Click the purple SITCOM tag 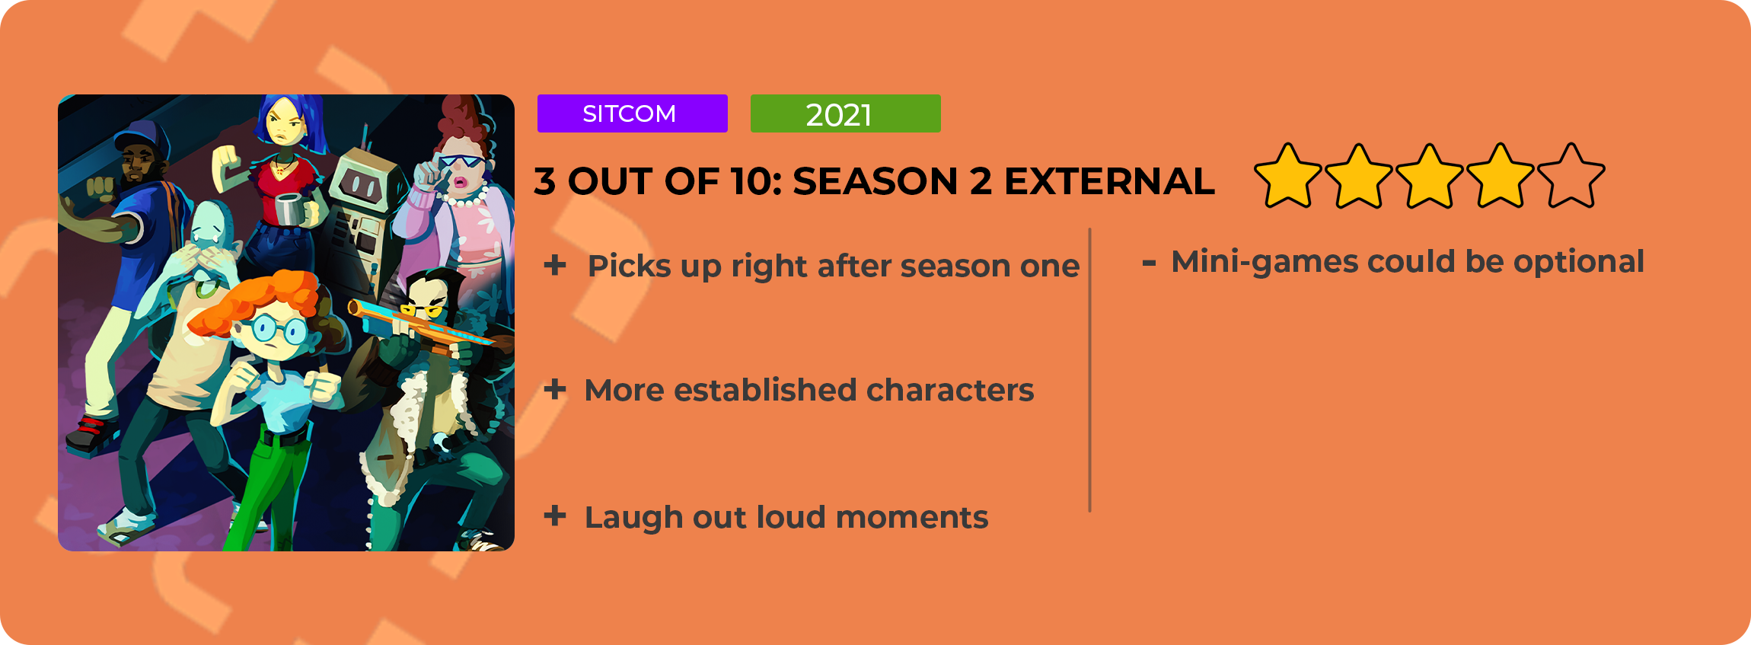coord(632,113)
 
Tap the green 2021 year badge coord(845,113)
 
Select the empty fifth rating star coord(1571,177)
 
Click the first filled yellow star coord(1287,177)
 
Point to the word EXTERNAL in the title coord(1109,181)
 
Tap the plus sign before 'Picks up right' coord(555,265)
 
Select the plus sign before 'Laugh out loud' coord(555,516)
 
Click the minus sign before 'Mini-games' coord(1149,263)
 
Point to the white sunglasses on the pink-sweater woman coord(461,162)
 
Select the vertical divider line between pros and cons coord(1089,369)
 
